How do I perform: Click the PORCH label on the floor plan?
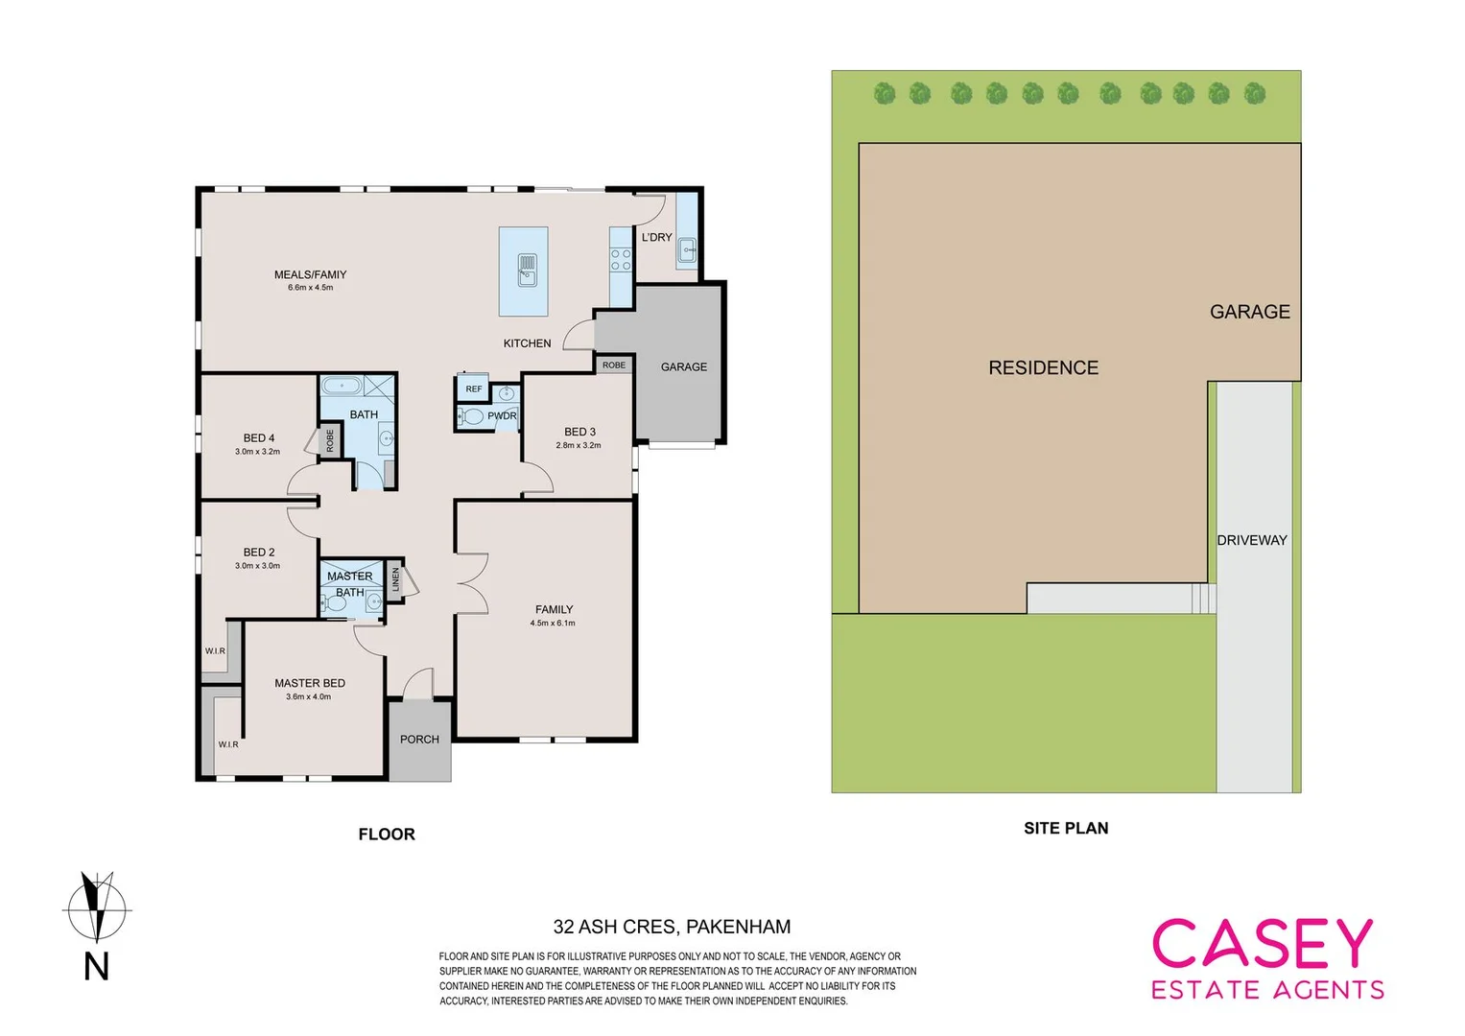[419, 740]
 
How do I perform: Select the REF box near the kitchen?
[474, 388]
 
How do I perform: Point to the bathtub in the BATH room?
[342, 386]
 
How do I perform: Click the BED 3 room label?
[579, 432]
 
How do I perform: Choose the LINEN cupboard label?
[395, 578]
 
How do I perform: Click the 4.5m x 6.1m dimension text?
[553, 624]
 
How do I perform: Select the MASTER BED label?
[309, 683]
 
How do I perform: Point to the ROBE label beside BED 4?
[330, 441]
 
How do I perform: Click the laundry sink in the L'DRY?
[688, 249]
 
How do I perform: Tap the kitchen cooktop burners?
[621, 259]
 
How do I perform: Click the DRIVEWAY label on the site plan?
[1251, 540]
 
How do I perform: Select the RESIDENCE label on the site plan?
[1043, 367]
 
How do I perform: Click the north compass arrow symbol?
[96, 906]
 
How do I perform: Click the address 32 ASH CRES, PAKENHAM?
[672, 927]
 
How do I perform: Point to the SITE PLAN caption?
[1065, 828]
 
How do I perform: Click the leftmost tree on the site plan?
[885, 94]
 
